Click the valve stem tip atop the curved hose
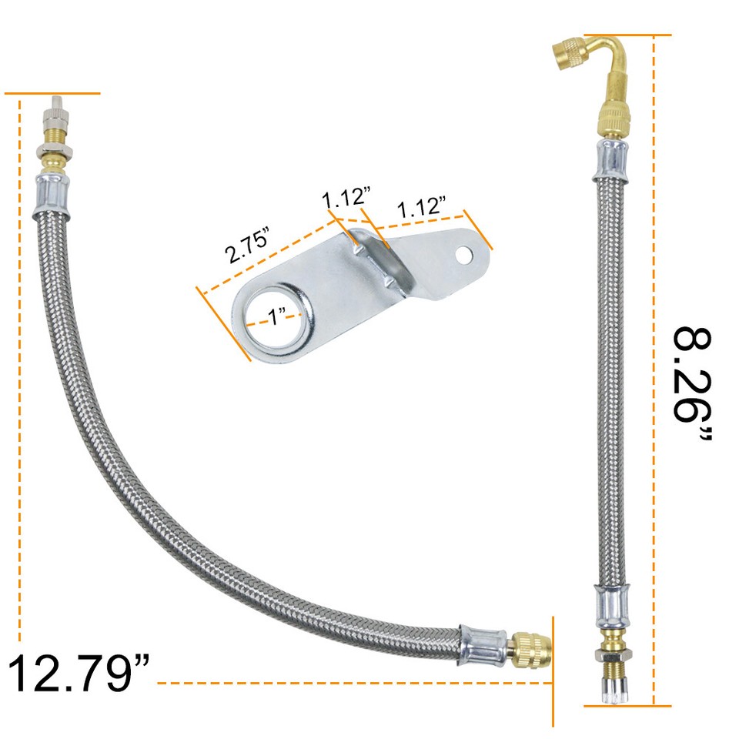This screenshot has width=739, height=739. point(56,114)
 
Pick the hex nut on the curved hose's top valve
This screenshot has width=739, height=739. point(55,152)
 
